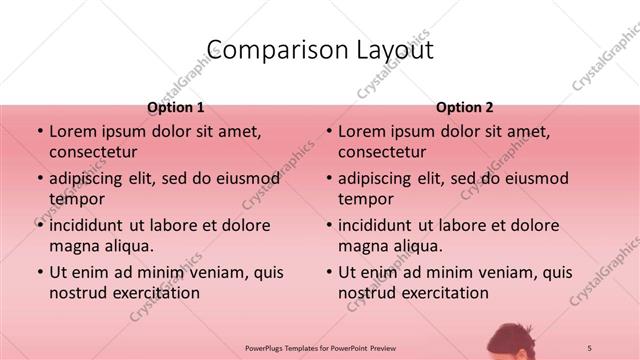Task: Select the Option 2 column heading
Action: click(x=464, y=107)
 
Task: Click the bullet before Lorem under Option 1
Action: click(x=39, y=132)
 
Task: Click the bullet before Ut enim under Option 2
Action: click(x=328, y=272)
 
